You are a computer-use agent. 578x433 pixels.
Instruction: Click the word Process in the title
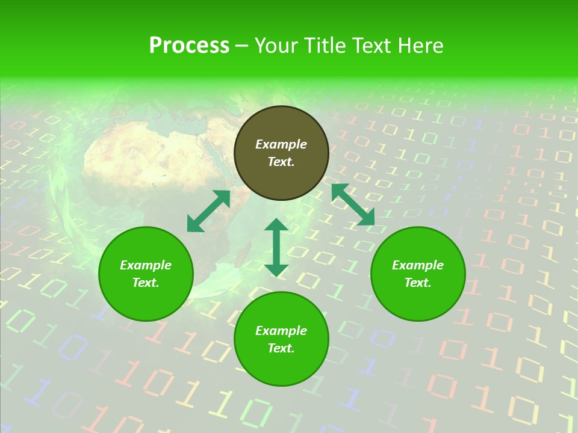coord(189,46)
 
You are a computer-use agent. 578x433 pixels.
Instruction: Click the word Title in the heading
coord(323,46)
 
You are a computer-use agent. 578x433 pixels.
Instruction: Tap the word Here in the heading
coord(420,46)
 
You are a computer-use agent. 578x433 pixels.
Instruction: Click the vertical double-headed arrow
coord(276,247)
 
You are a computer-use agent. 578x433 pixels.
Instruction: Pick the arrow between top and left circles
coord(208,211)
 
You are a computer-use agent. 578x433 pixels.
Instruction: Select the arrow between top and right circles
coord(353,204)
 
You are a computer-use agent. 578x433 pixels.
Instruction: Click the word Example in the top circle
coord(281,144)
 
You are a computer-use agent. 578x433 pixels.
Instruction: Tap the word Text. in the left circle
coord(146,283)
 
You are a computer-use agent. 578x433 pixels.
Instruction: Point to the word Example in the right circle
coord(418,265)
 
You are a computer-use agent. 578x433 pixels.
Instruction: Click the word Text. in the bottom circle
coord(281,348)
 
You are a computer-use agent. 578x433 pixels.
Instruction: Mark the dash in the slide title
coord(242,46)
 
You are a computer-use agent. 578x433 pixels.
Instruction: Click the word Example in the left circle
coord(146,265)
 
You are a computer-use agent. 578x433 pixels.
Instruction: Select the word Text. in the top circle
coord(281,162)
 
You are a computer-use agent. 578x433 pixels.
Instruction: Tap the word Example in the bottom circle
coord(281,331)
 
